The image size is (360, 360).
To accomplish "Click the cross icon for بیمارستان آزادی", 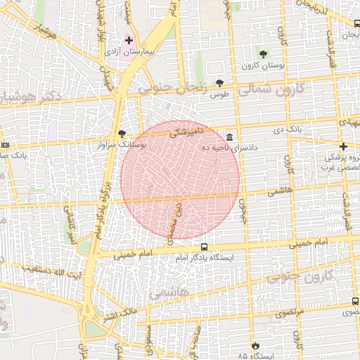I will point(129,40).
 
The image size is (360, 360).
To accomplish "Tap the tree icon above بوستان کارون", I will point(263,54).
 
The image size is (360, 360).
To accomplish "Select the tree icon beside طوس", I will point(219,83).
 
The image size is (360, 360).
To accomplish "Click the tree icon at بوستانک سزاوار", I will point(122,133).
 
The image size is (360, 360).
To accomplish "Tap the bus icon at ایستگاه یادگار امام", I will point(204,247).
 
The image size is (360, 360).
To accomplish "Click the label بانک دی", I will point(286,130).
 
